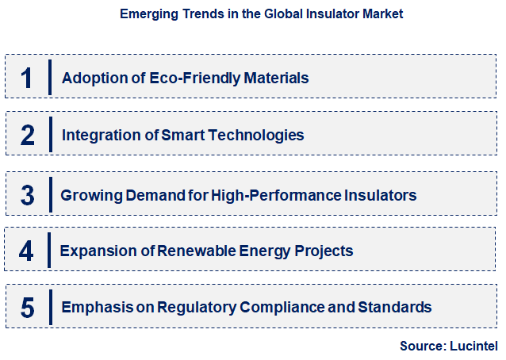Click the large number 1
pyautogui.click(x=27, y=78)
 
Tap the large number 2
pyautogui.click(x=27, y=135)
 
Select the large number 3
pyautogui.click(x=27, y=194)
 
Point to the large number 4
pyautogui.click(x=27, y=251)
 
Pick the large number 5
pyautogui.click(x=27, y=308)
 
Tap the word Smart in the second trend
pyautogui.click(x=183, y=135)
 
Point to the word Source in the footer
pyautogui.click(x=421, y=346)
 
